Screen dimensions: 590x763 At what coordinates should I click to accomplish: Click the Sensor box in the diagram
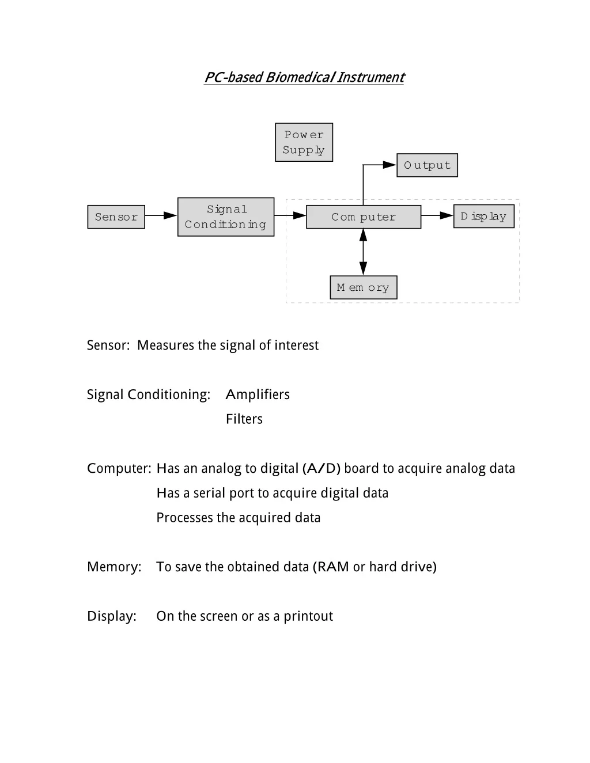[116, 217]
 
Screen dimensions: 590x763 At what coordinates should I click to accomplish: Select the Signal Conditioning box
[226, 217]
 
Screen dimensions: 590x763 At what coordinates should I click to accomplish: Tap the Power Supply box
[304, 142]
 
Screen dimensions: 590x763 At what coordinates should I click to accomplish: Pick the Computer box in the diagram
[364, 217]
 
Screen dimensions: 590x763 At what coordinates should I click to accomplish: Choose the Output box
[427, 165]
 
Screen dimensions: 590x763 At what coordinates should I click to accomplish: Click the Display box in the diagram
[484, 217]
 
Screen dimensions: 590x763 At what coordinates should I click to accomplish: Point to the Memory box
[364, 287]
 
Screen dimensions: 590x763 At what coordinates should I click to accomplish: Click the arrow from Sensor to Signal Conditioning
[161, 215]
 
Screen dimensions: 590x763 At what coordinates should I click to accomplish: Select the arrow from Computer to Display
[437, 215]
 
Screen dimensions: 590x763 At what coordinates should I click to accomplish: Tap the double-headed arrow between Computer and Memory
[363, 252]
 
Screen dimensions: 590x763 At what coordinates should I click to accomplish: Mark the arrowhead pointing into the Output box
[390, 165]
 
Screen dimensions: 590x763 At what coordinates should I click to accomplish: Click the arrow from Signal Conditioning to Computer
[290, 215]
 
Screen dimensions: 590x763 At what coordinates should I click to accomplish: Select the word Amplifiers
[258, 394]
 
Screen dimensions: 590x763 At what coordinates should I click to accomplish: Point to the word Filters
[244, 419]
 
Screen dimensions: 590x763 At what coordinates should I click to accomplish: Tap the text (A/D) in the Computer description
[322, 468]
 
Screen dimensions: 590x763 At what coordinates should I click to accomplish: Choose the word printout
[308, 616]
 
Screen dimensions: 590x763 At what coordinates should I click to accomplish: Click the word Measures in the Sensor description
[165, 345]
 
